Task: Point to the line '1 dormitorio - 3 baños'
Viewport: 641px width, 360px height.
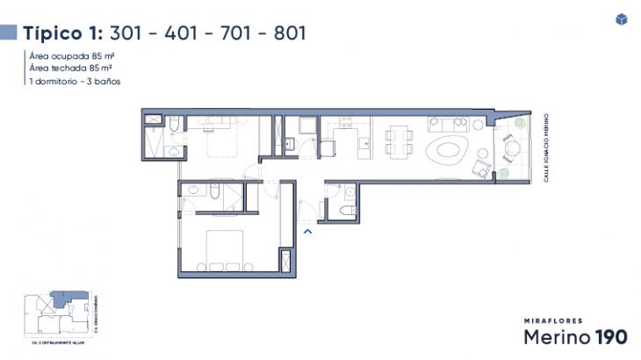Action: (76, 81)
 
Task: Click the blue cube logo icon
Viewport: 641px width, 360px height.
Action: (621, 19)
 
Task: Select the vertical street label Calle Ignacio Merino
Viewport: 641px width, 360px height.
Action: (546, 147)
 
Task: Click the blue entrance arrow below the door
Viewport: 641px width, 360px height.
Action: (307, 231)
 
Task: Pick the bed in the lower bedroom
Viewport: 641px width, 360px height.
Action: (224, 249)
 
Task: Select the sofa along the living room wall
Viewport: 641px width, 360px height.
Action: (444, 124)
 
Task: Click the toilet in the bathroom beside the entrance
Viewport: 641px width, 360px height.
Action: (348, 212)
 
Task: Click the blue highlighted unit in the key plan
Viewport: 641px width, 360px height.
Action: (63, 299)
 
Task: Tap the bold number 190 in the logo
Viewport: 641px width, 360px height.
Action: (611, 337)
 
